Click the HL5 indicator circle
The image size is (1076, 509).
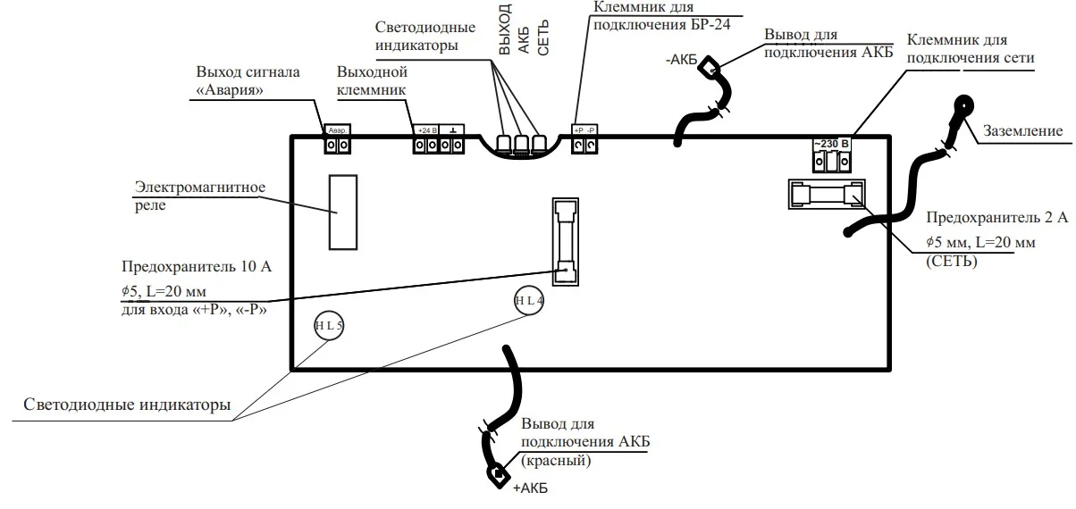point(328,327)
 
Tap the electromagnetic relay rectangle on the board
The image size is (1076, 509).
point(343,212)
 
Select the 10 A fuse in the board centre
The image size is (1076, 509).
point(562,241)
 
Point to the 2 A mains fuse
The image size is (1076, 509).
point(826,194)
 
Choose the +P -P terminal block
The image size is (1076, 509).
point(584,140)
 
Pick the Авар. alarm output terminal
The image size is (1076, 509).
point(337,140)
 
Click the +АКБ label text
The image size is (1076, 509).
point(530,488)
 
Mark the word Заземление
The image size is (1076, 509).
point(1022,131)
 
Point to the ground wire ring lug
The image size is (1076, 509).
point(963,106)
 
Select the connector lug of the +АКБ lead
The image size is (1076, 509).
point(494,473)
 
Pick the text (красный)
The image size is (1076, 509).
point(554,461)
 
